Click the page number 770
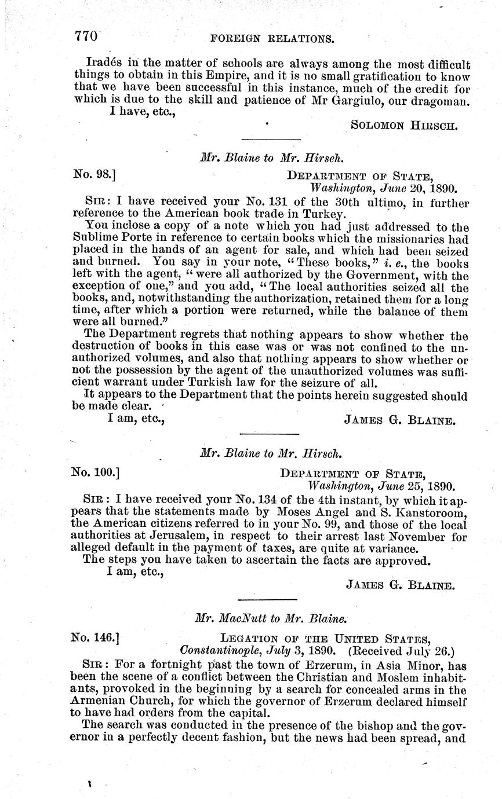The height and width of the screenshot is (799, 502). click(x=85, y=37)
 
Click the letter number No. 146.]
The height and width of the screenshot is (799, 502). click(x=96, y=639)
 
